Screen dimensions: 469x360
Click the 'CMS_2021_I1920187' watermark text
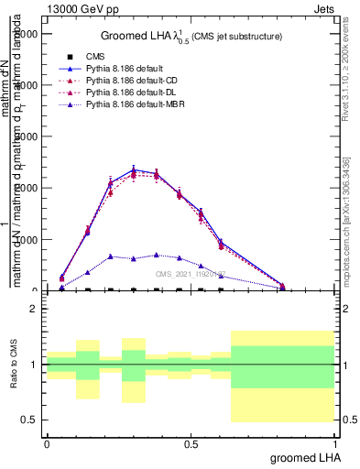pyautogui.click(x=191, y=274)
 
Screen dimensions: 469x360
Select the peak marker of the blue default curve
pyautogui.click(x=134, y=169)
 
